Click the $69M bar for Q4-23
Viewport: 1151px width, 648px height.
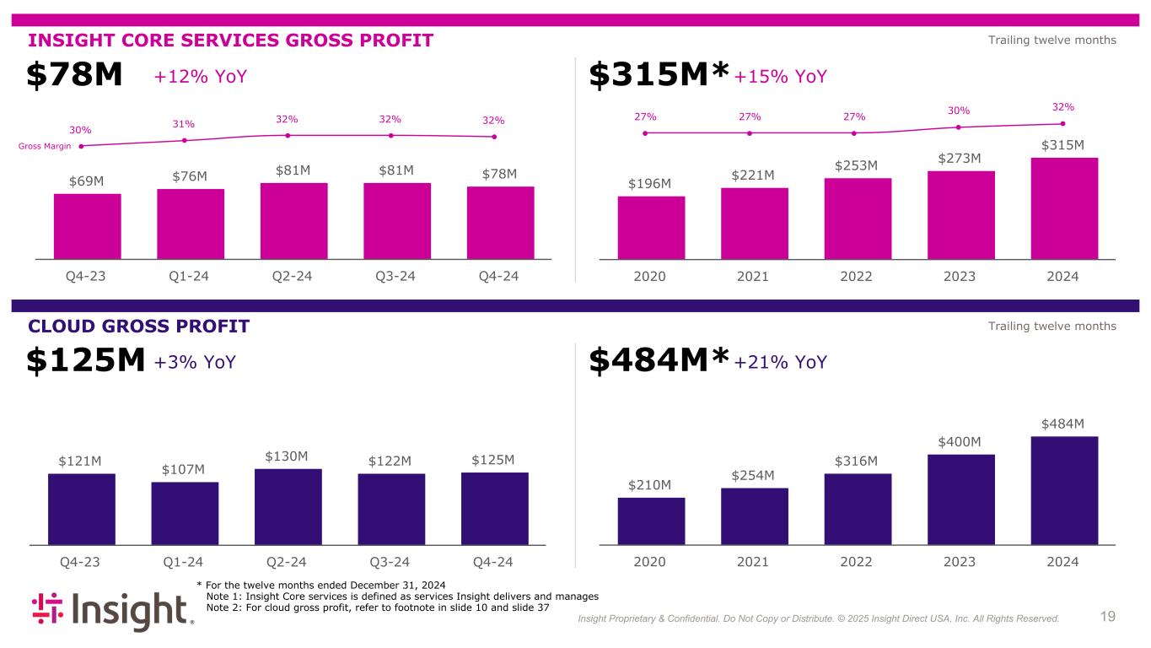pos(87,225)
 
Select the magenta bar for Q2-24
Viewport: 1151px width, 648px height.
pos(293,220)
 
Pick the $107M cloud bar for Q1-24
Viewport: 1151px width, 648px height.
pos(185,513)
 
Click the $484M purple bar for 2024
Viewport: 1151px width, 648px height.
pos(1064,490)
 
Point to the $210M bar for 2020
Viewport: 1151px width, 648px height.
pos(651,521)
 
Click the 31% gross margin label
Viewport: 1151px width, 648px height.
pos(185,125)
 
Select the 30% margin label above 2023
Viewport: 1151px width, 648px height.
pos(959,111)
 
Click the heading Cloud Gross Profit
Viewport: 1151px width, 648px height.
pos(139,327)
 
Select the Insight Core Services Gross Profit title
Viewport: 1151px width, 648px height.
pos(231,40)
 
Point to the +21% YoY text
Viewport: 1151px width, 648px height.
pos(781,362)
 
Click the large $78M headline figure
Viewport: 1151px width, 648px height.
pos(74,77)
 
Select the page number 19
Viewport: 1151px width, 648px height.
pos(1108,617)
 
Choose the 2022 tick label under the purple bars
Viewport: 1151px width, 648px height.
pos(857,561)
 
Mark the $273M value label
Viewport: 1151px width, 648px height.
pos(960,158)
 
